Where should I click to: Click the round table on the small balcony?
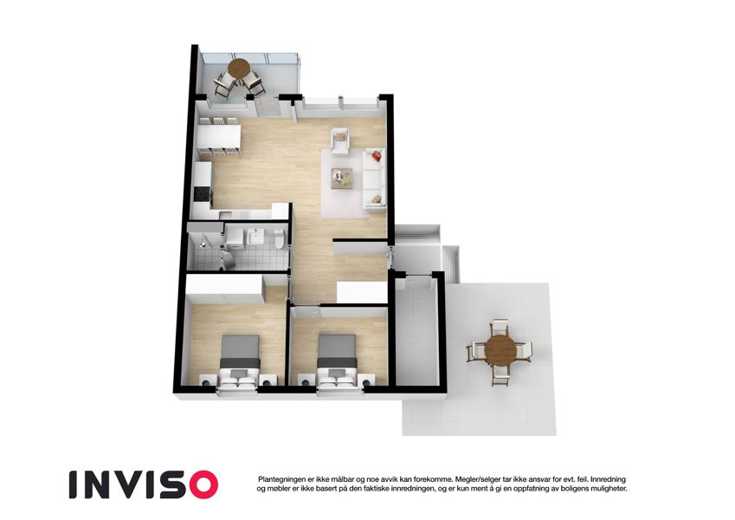pyautogui.click(x=239, y=68)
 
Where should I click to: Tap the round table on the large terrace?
pyautogui.click(x=500, y=350)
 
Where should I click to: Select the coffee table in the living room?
pyautogui.click(x=342, y=178)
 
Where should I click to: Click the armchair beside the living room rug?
pyautogui.click(x=341, y=140)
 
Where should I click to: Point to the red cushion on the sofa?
pyautogui.click(x=377, y=155)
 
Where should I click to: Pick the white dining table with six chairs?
pyautogui.click(x=219, y=135)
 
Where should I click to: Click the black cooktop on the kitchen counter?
pyautogui.click(x=203, y=194)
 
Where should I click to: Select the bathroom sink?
pyautogui.click(x=256, y=236)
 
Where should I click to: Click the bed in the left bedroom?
pyautogui.click(x=240, y=361)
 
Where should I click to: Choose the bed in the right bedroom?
pyautogui.click(x=338, y=361)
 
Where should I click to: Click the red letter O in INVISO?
pyautogui.click(x=201, y=484)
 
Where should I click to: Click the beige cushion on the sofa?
pyautogui.click(x=377, y=199)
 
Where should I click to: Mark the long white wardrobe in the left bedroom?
pyautogui.click(x=224, y=289)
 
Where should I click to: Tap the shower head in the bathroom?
pyautogui.click(x=203, y=244)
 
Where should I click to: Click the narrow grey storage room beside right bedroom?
pyautogui.click(x=416, y=331)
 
